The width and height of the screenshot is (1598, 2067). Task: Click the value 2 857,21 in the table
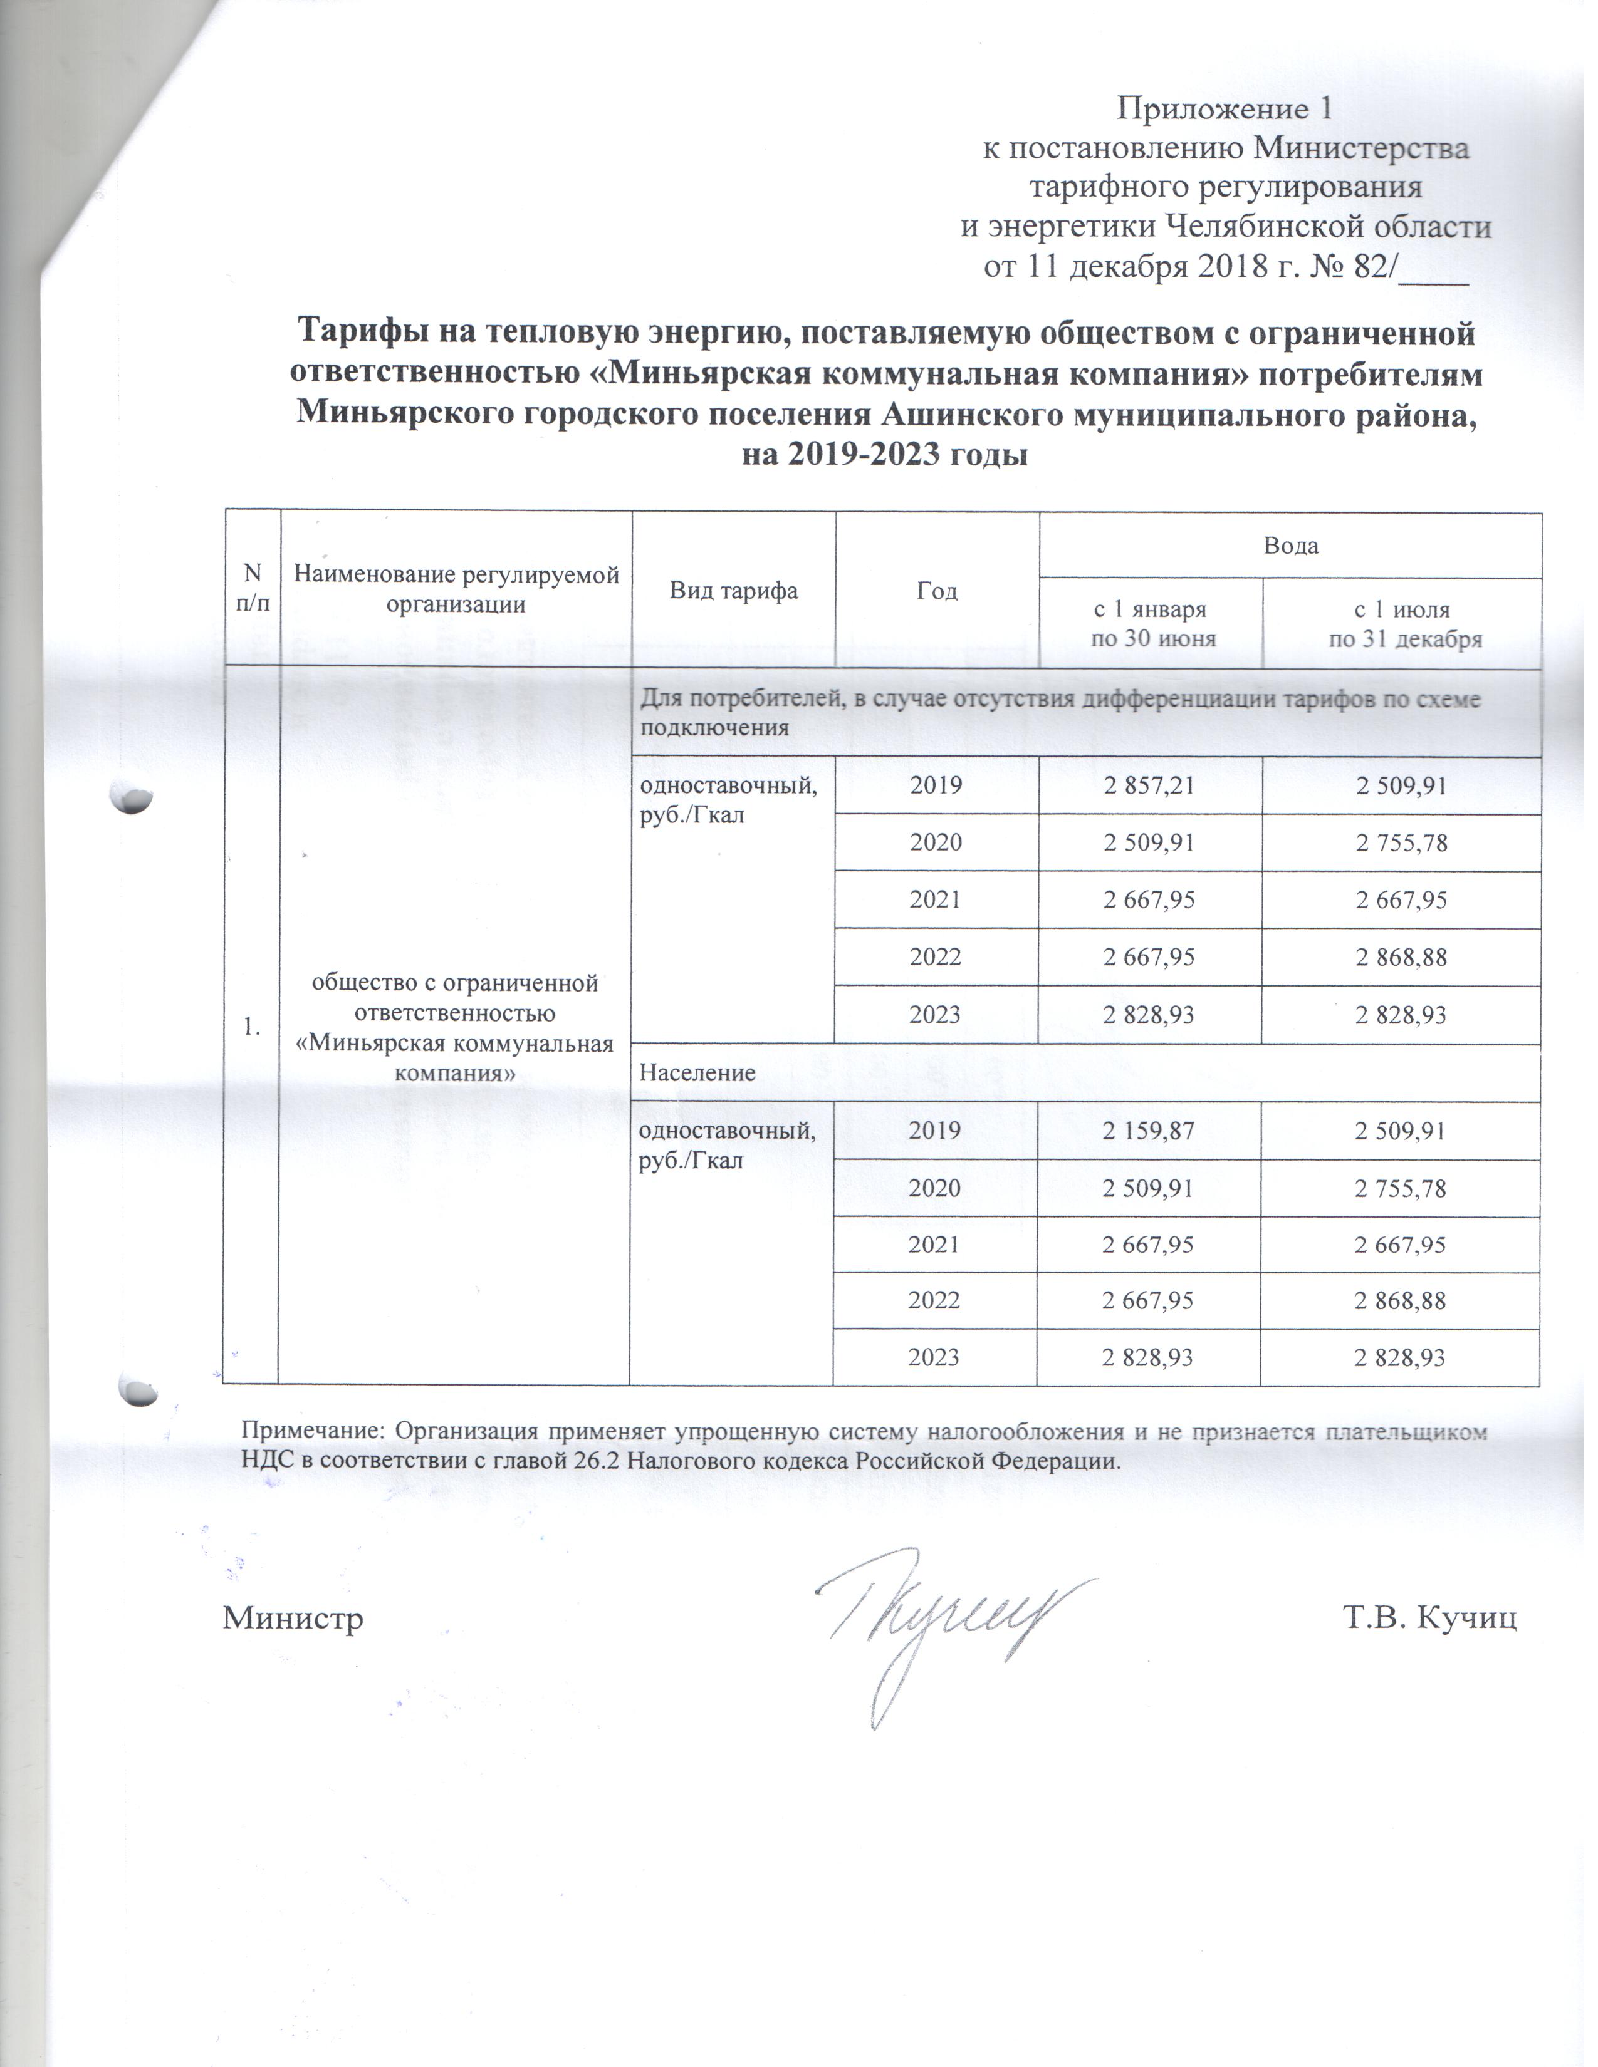pyautogui.click(x=1149, y=785)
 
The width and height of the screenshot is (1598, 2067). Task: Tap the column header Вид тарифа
pyautogui.click(x=734, y=591)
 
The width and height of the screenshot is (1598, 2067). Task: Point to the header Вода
pyautogui.click(x=1290, y=546)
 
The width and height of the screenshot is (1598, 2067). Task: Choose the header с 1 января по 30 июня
pyautogui.click(x=1151, y=624)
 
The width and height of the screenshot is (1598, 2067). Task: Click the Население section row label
pyautogui.click(x=697, y=1073)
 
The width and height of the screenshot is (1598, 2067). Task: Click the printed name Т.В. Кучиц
pyautogui.click(x=1429, y=1617)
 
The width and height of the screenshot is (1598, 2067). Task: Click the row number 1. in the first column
pyautogui.click(x=251, y=1026)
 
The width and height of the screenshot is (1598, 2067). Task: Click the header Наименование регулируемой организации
pyautogui.click(x=456, y=589)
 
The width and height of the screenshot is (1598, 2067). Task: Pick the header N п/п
pyautogui.click(x=251, y=588)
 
